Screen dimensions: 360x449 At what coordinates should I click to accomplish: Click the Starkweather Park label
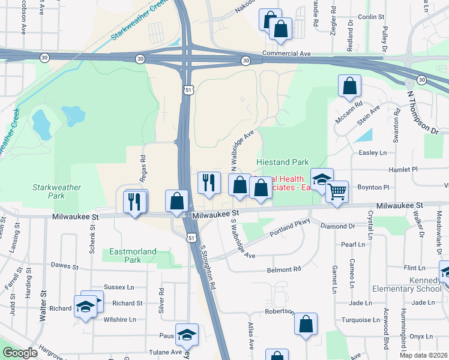click(56, 191)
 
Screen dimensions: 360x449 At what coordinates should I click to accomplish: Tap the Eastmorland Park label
click(133, 256)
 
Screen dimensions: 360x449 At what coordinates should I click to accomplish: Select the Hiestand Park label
click(282, 163)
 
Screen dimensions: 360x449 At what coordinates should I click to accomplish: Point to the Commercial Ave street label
click(287, 54)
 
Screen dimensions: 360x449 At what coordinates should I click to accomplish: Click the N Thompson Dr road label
click(423, 112)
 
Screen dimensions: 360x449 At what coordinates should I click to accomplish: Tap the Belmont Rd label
click(283, 270)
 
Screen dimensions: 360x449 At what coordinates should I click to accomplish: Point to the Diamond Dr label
click(338, 227)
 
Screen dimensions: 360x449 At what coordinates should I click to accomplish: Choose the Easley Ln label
click(372, 153)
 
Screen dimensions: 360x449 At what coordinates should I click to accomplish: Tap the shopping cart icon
click(337, 192)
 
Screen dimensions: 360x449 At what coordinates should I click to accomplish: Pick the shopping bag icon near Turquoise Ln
click(306, 324)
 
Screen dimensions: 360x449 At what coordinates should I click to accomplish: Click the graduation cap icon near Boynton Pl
click(322, 179)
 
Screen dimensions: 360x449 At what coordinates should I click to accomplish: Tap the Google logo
click(20, 353)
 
